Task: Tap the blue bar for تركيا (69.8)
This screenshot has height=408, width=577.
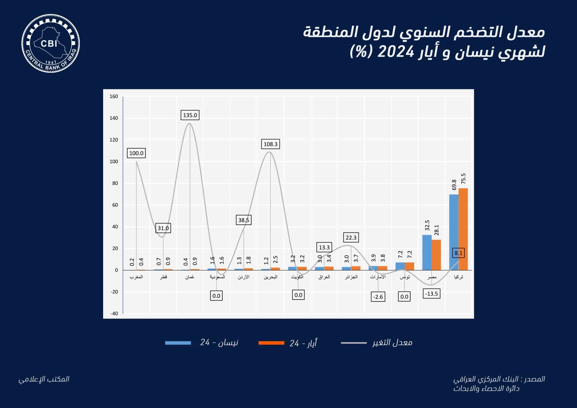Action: pos(454,232)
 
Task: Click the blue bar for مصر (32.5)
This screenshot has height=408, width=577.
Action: pos(427,252)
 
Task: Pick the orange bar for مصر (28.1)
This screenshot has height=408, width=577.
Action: pos(436,255)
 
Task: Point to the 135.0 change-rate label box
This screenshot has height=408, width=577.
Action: pos(190,115)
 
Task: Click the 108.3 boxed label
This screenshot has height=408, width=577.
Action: pos(270,144)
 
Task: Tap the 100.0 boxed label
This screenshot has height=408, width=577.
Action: pos(136,153)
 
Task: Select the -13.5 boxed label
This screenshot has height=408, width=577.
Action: pos(432,294)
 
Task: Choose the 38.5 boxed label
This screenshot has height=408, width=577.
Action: pos(243,220)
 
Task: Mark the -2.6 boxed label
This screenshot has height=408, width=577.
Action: pos(378,297)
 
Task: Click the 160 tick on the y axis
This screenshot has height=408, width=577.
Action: pos(114,96)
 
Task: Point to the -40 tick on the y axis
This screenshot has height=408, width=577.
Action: pos(114,313)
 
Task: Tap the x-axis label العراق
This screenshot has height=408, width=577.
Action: pos(324,277)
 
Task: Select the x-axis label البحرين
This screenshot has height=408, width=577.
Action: pos(270,277)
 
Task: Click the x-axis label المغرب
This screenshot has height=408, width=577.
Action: pos(136,277)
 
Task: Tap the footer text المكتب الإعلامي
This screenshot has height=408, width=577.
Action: pos(44,379)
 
